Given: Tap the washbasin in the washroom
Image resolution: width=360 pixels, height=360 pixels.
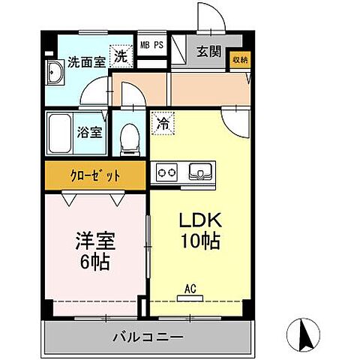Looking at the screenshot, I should [54, 75].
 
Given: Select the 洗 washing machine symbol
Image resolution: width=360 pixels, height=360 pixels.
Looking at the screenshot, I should [120, 55].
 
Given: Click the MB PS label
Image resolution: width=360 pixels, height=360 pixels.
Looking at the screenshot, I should [152, 45].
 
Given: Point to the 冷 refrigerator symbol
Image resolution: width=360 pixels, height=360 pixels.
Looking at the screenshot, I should [162, 120].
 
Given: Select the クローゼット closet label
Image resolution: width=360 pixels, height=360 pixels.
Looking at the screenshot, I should [95, 177].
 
